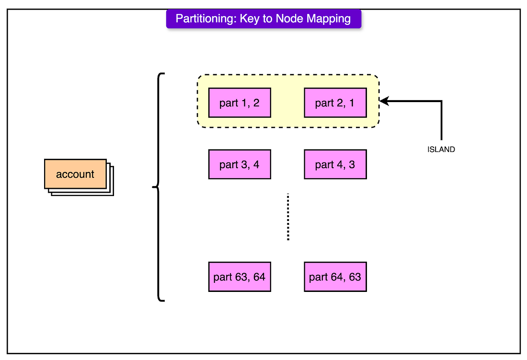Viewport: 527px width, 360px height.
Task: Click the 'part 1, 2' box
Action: coord(240,103)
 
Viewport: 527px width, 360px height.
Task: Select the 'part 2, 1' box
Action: coord(335,103)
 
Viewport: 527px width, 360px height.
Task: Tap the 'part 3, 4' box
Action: coord(240,164)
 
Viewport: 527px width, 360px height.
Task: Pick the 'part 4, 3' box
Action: coord(335,164)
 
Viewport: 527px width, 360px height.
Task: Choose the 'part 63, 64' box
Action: coord(240,277)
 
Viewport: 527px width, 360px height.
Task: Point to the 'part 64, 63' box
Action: coord(335,277)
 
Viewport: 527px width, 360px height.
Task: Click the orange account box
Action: coord(75,174)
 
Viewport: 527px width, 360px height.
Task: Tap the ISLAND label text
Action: coord(441,150)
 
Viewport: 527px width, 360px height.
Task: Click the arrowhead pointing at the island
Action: coord(384,101)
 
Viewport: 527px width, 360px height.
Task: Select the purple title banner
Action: coord(263,19)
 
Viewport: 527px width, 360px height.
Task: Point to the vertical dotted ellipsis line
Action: coord(288,217)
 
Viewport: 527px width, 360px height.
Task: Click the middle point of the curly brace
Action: coord(154,187)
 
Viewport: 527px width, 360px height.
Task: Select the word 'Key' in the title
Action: coord(250,19)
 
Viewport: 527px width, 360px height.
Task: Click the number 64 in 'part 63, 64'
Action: coord(259,277)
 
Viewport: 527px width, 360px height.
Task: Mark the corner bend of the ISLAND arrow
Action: coord(441,101)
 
